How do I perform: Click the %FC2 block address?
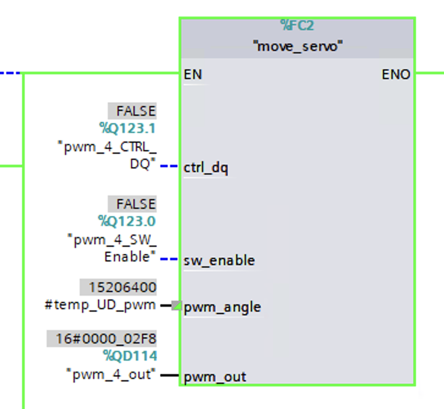point(297,25)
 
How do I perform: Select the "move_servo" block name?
point(297,46)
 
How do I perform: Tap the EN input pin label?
point(193,75)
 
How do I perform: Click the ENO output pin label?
point(396,75)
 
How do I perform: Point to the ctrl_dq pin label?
point(205,168)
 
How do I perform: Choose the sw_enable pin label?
point(219,261)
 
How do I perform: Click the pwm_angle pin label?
point(222,307)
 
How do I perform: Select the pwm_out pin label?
point(215,376)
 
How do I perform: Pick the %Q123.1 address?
point(127,128)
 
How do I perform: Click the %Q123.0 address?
point(127,220)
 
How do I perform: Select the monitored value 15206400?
point(122,287)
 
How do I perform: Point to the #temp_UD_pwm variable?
point(100,304)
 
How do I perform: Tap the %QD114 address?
point(130,356)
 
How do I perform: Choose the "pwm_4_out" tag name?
point(111,373)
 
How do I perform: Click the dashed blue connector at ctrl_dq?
point(169,166)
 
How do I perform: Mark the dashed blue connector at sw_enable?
point(169,259)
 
